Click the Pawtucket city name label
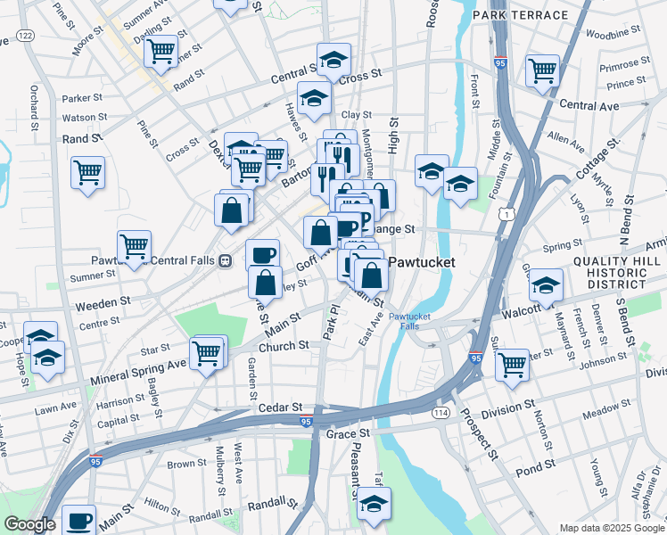(421, 264)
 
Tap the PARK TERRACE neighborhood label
(521, 15)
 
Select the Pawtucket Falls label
(408, 321)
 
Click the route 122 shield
(25, 34)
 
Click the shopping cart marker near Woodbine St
(542, 70)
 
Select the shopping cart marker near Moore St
(161, 52)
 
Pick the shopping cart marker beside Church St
(207, 353)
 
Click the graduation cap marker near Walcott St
(545, 286)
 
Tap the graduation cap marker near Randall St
(374, 505)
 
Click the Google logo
(29, 524)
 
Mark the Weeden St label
(103, 304)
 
